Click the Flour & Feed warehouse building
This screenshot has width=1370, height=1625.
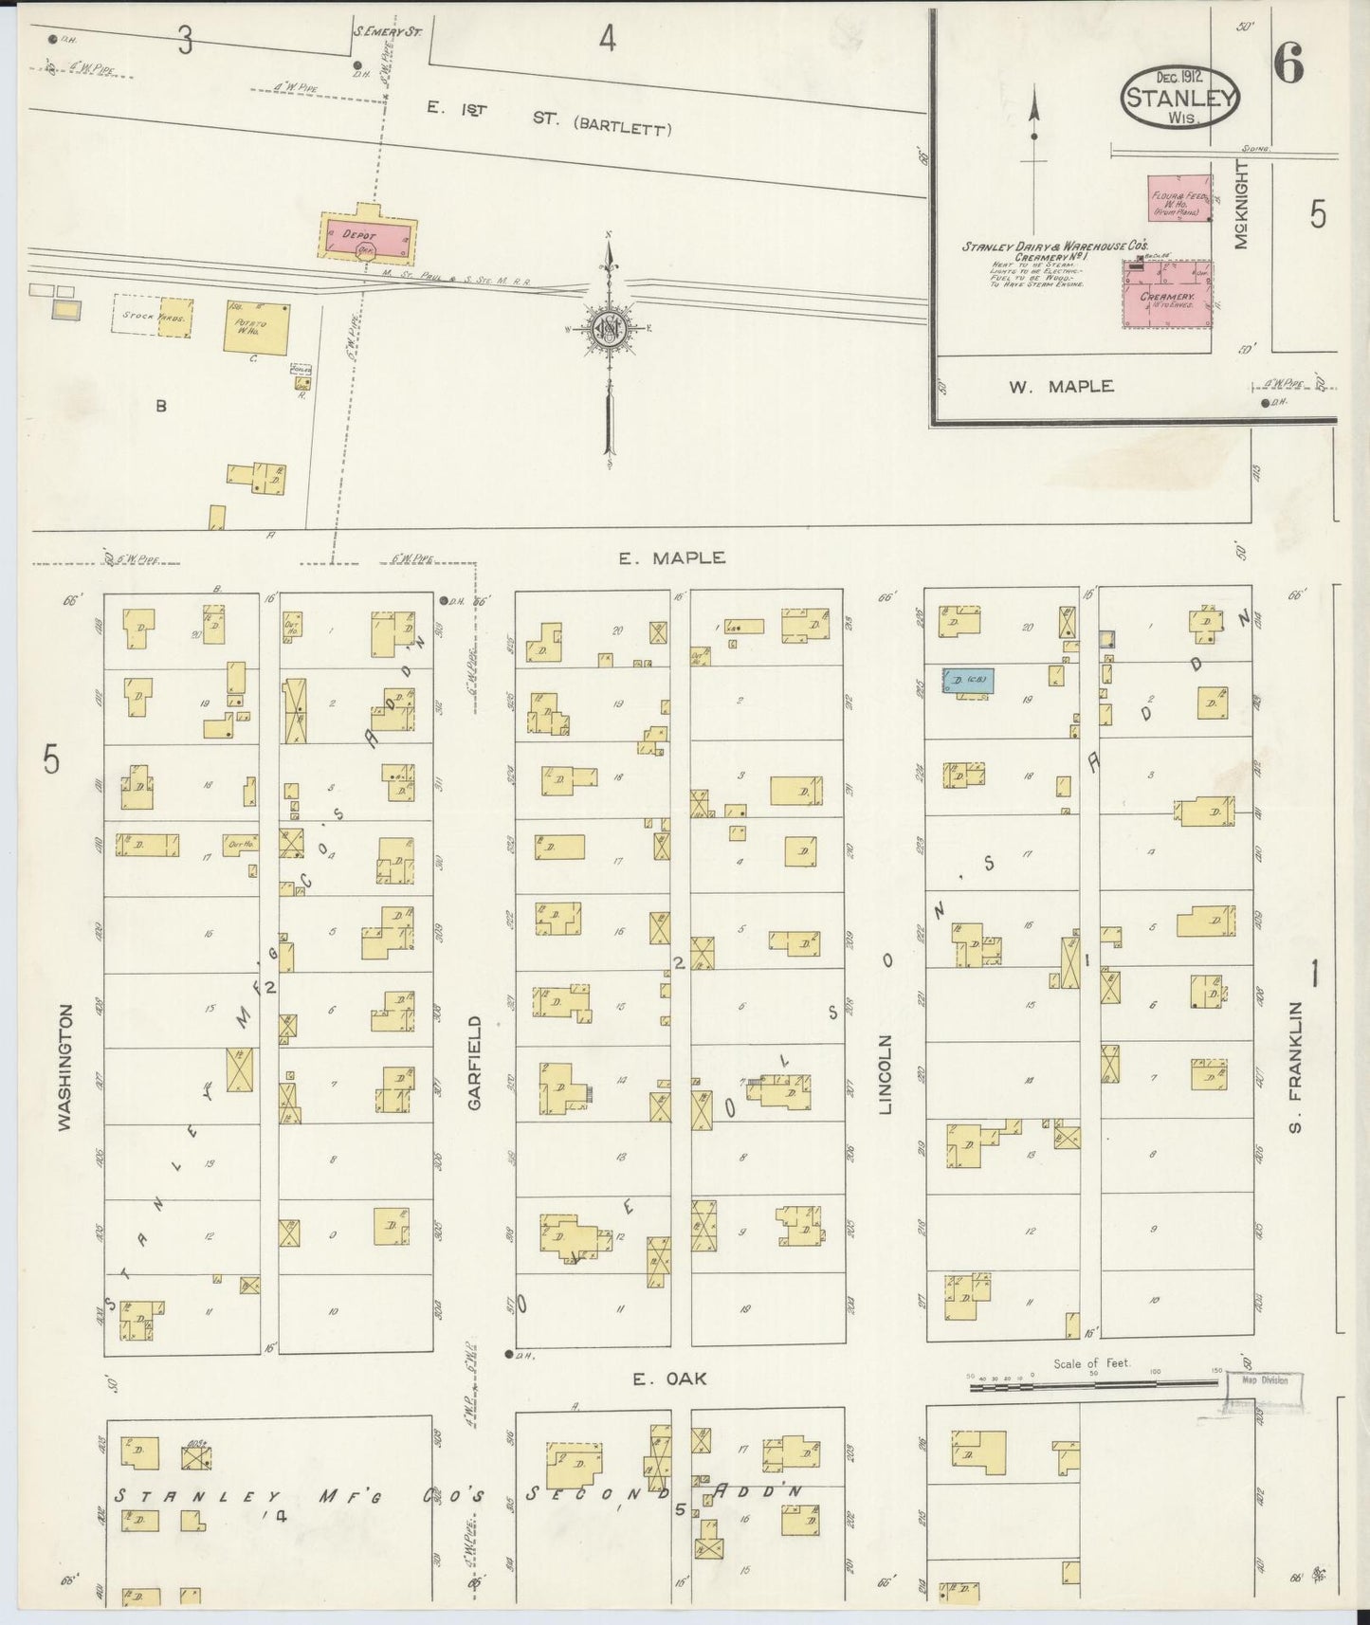[1179, 198]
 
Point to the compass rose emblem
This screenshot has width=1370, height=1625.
[608, 329]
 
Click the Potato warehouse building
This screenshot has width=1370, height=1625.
[256, 328]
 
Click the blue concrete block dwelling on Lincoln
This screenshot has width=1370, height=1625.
[967, 680]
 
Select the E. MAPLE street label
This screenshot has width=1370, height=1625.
[671, 558]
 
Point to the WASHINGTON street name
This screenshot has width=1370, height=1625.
[64, 1067]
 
